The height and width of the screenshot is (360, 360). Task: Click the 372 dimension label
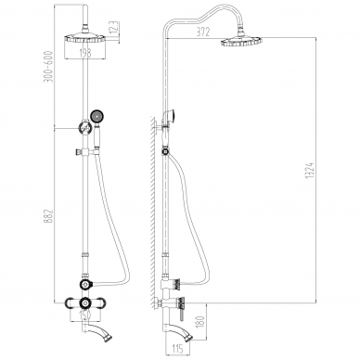203,32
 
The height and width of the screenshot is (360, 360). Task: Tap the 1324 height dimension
311,170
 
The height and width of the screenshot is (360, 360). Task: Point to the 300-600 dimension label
49,67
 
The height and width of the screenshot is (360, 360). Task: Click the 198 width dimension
84,53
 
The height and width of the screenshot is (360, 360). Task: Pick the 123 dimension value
113,28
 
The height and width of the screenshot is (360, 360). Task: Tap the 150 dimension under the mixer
84,315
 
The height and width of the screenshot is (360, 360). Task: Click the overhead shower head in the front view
84,39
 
